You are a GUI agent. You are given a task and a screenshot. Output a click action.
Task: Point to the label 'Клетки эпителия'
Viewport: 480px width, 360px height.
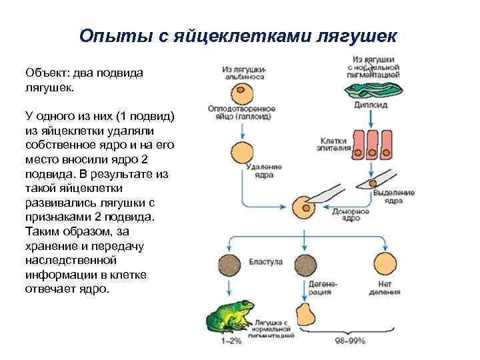(336, 145)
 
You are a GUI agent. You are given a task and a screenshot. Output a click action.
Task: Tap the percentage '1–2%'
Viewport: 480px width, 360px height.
(231, 341)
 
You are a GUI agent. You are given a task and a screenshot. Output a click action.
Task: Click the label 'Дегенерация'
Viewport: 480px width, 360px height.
(323, 288)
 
